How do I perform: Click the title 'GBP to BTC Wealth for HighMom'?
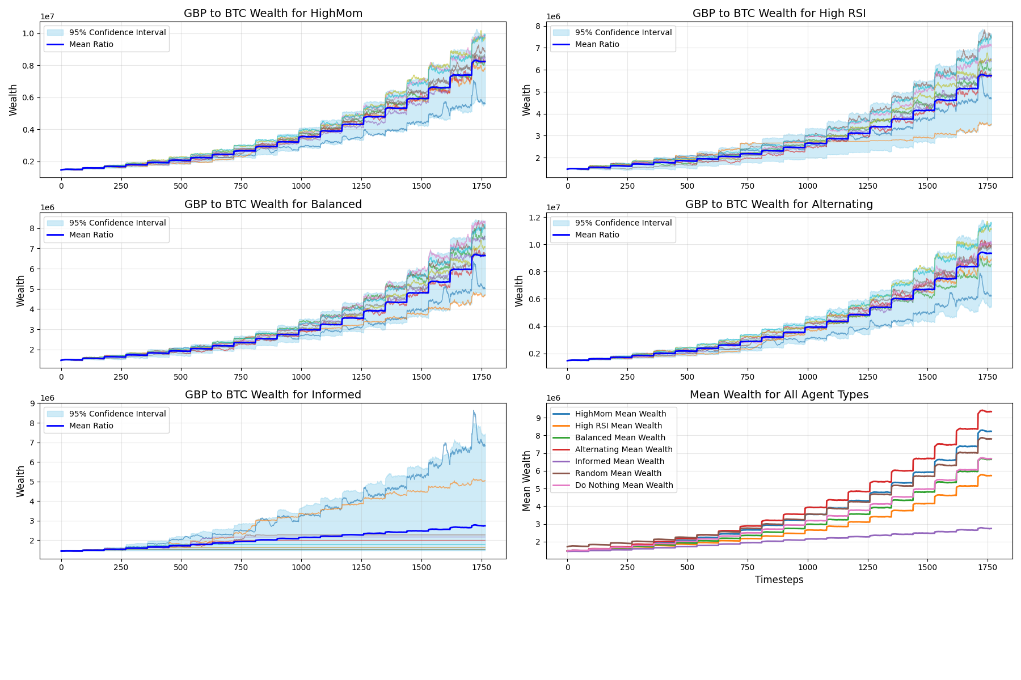click(x=273, y=13)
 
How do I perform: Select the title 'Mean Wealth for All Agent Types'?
click(x=779, y=394)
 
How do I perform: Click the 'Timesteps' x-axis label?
click(x=779, y=580)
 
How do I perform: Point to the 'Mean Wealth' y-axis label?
click(x=526, y=481)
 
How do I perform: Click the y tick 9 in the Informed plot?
click(x=32, y=403)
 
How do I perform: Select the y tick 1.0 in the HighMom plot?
click(x=28, y=33)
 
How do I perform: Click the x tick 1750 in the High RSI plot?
click(x=988, y=186)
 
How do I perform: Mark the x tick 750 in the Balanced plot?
click(x=241, y=376)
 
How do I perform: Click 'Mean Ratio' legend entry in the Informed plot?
click(x=91, y=426)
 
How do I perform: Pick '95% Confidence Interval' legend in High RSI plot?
click(x=623, y=32)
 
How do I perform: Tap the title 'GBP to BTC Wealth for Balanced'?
click(x=273, y=204)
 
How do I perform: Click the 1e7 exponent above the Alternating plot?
click(x=554, y=207)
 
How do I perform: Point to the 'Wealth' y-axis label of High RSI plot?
click(x=526, y=100)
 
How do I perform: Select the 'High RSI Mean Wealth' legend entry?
click(x=618, y=426)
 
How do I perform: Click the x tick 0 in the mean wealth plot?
click(x=567, y=567)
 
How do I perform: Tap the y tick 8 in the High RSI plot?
click(x=538, y=26)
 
